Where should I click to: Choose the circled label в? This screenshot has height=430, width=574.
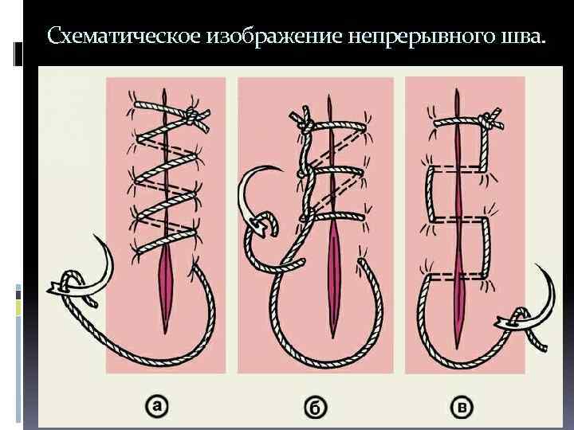(463, 408)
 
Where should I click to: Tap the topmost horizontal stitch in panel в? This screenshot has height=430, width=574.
(454, 121)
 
